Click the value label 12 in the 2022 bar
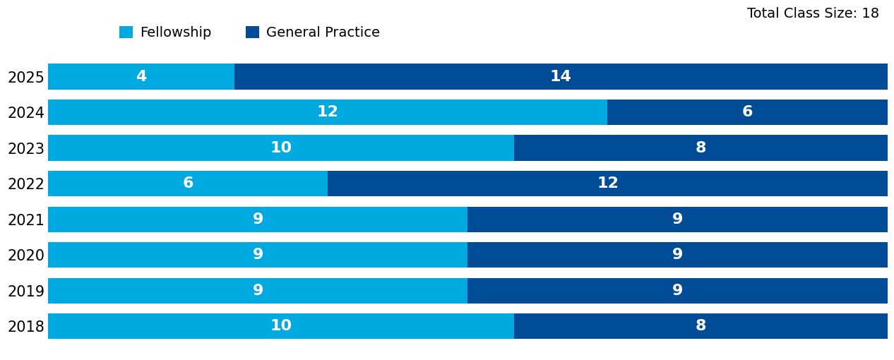607,184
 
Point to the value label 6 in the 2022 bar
188,184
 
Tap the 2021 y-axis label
25,220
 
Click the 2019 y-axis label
25,292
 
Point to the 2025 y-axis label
25,78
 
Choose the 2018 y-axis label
25,327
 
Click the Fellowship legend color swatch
126,32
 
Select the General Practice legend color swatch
252,32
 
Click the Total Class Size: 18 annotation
813,13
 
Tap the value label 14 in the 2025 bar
560,76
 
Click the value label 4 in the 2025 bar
141,76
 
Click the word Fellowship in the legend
175,32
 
